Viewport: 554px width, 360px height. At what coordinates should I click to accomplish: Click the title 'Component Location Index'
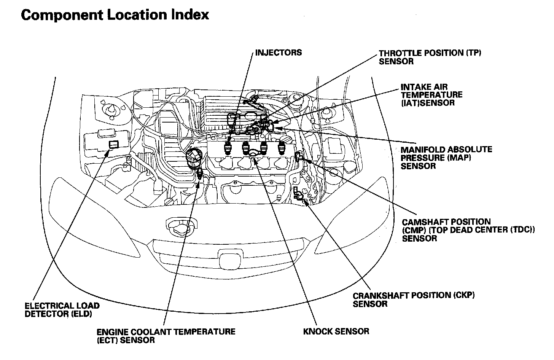tap(115, 15)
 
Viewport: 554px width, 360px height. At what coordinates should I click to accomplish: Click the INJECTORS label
tap(278, 53)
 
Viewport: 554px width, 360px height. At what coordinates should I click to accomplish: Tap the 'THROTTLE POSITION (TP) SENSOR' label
tap(430, 57)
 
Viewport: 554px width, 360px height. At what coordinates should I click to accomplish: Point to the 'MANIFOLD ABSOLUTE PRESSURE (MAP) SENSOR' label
tap(446, 158)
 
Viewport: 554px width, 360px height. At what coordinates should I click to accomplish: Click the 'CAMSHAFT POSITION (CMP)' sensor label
tap(468, 230)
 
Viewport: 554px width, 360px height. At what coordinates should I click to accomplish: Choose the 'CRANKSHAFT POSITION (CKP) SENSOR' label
tap(414, 299)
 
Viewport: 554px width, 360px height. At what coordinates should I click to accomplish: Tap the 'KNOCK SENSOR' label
tap(336, 331)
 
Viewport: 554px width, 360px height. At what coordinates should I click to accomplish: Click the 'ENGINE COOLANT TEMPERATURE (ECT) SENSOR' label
tap(166, 336)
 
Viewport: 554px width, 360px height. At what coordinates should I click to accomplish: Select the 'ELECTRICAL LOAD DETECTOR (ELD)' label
tap(62, 310)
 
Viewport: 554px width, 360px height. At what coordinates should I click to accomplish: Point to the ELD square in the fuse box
tap(113, 144)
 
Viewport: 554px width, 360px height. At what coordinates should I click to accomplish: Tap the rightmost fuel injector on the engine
tap(282, 147)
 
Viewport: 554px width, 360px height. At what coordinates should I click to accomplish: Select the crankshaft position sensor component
tap(299, 195)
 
